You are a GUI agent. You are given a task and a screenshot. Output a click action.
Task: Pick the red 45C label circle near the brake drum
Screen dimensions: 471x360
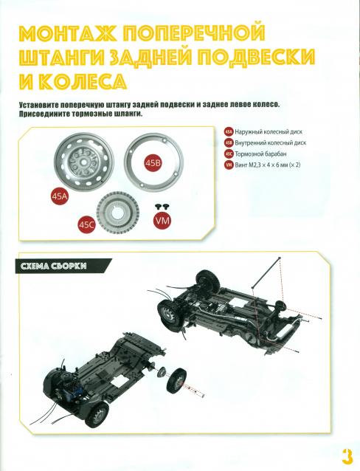click(x=87, y=224)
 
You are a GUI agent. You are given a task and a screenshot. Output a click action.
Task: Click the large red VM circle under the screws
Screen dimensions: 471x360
click(x=162, y=221)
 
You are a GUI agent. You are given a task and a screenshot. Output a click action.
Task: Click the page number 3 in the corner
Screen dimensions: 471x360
click(x=346, y=453)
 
